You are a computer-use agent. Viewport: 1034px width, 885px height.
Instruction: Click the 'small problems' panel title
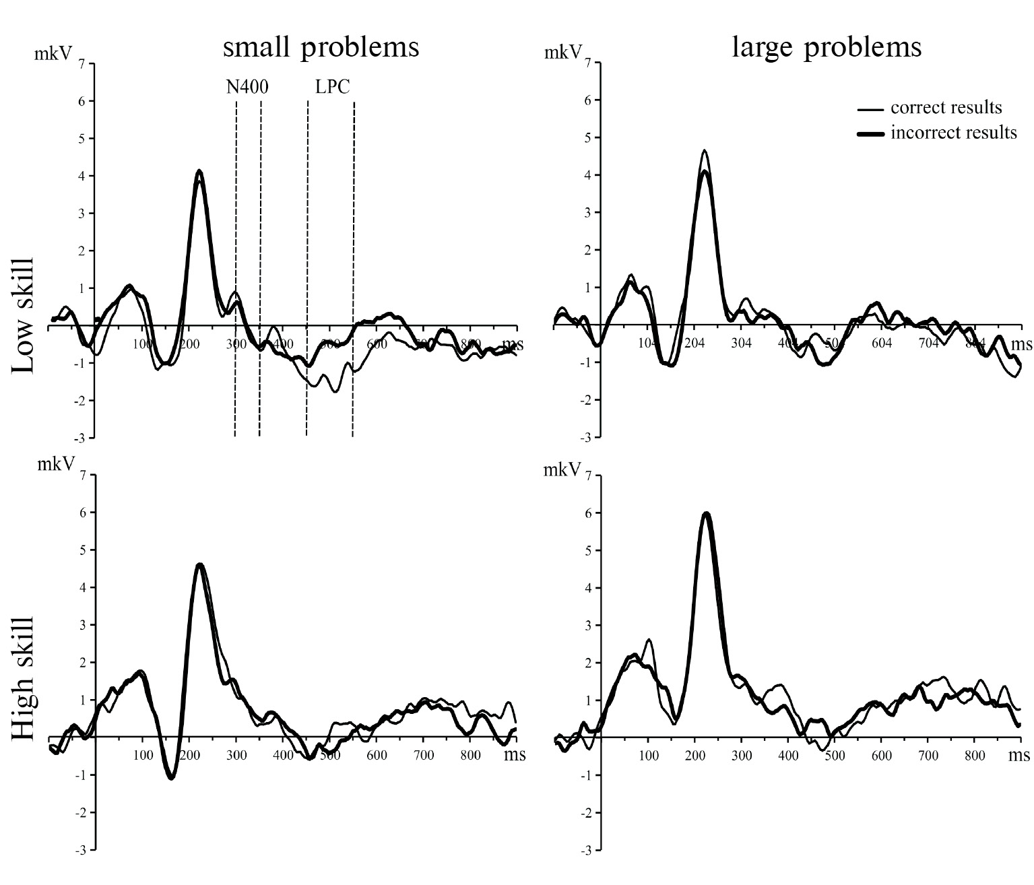[321, 47]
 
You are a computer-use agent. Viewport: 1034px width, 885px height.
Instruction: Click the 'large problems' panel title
[827, 47]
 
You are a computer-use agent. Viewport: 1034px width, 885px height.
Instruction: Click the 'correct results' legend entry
[946, 108]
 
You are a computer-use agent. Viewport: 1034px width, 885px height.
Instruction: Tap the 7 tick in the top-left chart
[82, 64]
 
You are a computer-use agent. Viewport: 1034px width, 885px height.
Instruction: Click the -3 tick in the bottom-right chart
[587, 851]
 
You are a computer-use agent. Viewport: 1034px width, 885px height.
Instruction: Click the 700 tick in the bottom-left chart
[424, 755]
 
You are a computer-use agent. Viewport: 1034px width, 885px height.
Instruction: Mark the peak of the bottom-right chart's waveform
[706, 513]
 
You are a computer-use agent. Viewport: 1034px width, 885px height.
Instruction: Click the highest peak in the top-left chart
[199, 171]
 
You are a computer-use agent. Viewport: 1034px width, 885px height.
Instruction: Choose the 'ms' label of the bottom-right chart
[1019, 755]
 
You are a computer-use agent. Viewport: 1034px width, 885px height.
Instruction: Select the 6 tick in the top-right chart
[587, 100]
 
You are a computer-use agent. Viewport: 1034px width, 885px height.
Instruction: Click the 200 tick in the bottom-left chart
[189, 755]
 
